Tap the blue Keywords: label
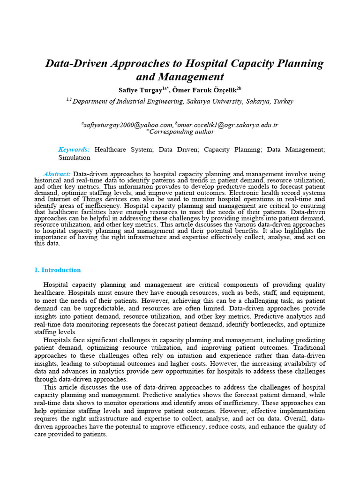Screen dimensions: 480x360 (x=74, y=150)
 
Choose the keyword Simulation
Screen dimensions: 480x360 (x=74, y=157)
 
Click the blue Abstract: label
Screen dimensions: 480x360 (x=57, y=173)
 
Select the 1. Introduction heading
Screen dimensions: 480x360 (x=57, y=270)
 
